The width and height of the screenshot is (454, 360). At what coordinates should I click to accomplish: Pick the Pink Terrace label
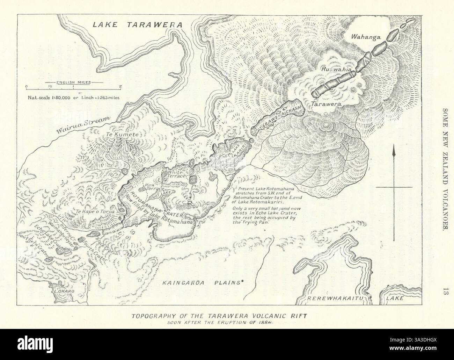[x=154, y=186]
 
